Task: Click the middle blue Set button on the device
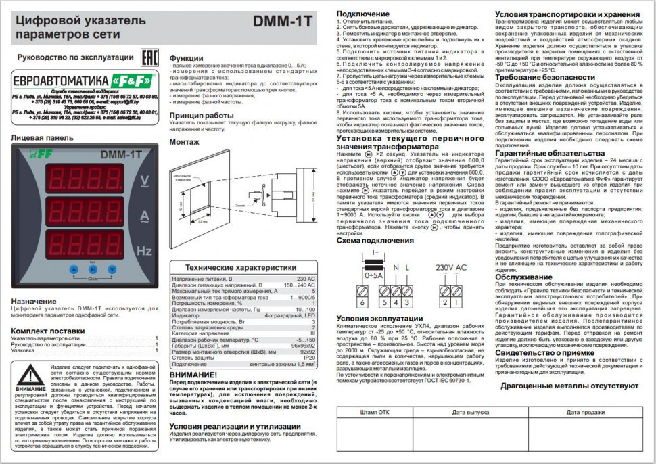tap(91, 269)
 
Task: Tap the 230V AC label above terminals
tap(452, 267)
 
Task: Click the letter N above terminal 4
tap(396, 268)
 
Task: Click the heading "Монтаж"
tap(184, 142)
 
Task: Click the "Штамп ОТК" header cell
tap(375, 411)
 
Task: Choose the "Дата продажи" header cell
tap(585, 411)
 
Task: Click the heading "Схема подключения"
tap(376, 240)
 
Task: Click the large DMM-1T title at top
tap(281, 21)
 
